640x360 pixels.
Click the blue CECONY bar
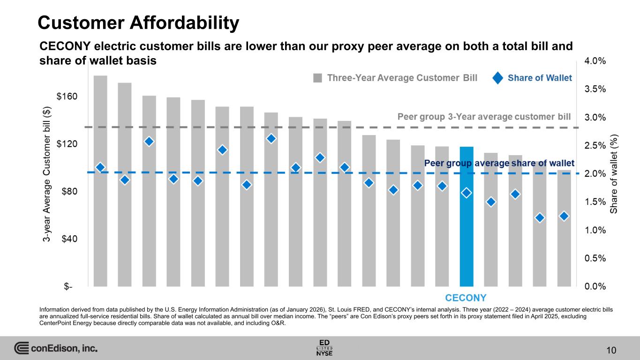467,220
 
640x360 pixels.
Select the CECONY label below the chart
466,298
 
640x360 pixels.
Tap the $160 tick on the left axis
68,97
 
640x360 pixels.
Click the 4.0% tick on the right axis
595,61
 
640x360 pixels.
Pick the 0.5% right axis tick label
595,258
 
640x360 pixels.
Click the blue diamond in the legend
498,78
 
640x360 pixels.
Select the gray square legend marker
318,78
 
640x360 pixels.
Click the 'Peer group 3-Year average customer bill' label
484,116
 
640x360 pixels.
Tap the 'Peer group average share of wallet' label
499,163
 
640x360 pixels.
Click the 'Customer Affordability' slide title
139,22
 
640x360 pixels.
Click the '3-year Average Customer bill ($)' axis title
47,173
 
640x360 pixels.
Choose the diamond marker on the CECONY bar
467,193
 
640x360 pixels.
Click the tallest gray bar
100,180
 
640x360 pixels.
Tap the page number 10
610,350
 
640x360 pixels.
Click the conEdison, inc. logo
56,349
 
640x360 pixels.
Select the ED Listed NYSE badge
324,347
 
